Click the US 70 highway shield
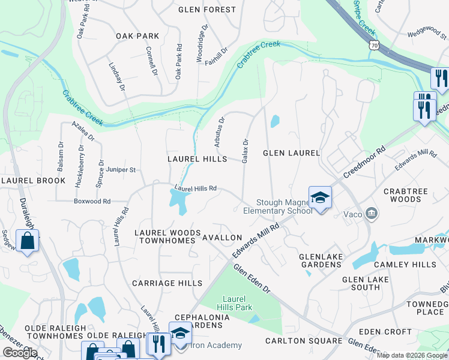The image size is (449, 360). (x=374, y=45)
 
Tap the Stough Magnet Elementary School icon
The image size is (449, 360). (x=321, y=198)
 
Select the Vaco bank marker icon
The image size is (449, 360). (x=372, y=213)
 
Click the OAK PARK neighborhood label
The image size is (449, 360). (x=138, y=36)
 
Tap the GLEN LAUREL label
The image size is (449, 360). (x=291, y=153)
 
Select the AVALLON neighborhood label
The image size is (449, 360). (x=221, y=238)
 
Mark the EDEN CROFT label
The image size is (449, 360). (x=385, y=332)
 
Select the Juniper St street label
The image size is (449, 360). (x=122, y=170)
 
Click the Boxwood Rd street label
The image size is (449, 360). (x=92, y=202)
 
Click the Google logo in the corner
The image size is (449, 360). (x=20, y=352)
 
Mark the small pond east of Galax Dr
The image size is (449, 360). (x=274, y=121)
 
